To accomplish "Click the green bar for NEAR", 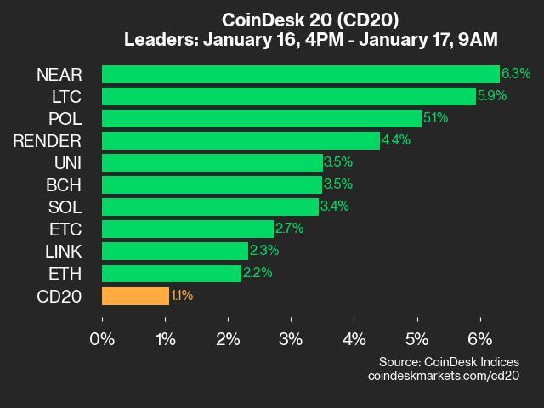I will click(300, 74).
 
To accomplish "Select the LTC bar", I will click(288, 96).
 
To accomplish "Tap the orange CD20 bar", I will click(135, 296).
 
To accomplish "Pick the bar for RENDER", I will click(241, 140).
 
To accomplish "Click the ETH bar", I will click(171, 273).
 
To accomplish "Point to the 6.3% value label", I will click(516, 74).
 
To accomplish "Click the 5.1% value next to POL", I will click(436, 118).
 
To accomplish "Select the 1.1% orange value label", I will click(182, 296).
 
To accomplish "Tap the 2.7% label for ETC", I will click(290, 229).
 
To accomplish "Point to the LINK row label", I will click(63, 251).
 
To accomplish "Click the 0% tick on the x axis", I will click(102, 338).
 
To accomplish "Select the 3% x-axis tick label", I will click(291, 338).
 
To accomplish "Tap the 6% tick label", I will click(480, 338).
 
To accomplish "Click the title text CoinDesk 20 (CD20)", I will click(310, 19).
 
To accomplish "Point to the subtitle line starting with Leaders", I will click(310, 39).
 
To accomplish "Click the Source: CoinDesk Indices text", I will click(449, 362).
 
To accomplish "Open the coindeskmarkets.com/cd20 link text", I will click(443, 376).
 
